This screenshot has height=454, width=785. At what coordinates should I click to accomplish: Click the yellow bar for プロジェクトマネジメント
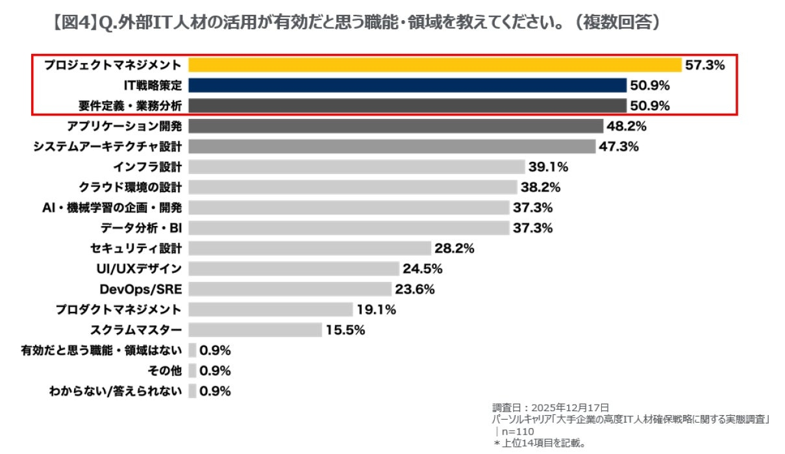pos(434,65)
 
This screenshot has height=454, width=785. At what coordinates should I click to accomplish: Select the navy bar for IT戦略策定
pos(407,85)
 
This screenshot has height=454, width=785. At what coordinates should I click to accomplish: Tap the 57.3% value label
pos(704,65)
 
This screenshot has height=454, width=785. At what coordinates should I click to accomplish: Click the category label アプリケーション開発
pos(125,126)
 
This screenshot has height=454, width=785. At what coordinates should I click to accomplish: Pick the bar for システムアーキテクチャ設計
pos(392,146)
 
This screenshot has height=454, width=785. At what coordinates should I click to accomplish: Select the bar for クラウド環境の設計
pos(353,187)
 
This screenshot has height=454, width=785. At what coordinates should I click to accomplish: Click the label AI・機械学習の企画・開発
pos(112,208)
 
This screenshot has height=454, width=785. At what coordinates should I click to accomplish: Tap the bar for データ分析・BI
pos(349,228)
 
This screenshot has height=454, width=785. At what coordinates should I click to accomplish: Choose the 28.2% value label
pos(455,248)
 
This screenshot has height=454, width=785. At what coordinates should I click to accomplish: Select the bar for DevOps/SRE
pos(290,289)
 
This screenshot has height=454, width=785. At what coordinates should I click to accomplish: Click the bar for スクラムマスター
pos(255,330)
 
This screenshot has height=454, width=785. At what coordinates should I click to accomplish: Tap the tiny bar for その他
pos(192,370)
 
